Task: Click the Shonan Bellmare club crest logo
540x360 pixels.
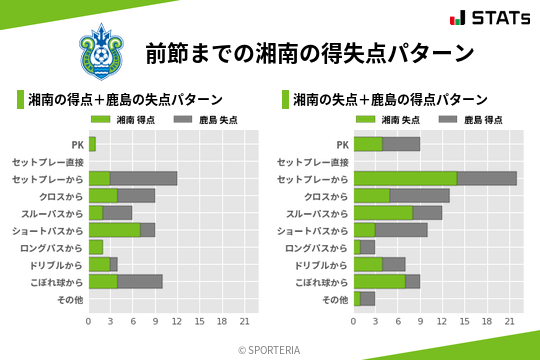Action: [x=103, y=51]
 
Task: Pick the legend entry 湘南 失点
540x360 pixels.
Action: [x=389, y=120]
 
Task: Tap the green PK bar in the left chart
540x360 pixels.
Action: [x=92, y=144]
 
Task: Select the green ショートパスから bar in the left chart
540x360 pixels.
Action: [x=114, y=230]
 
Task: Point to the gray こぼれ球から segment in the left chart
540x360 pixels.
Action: [x=140, y=281]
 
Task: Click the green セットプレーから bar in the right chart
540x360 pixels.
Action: [x=405, y=178]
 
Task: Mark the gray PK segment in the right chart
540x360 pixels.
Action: [x=401, y=144]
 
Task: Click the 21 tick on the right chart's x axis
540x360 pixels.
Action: [x=509, y=321]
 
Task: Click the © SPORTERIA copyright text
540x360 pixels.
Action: [x=270, y=350]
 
